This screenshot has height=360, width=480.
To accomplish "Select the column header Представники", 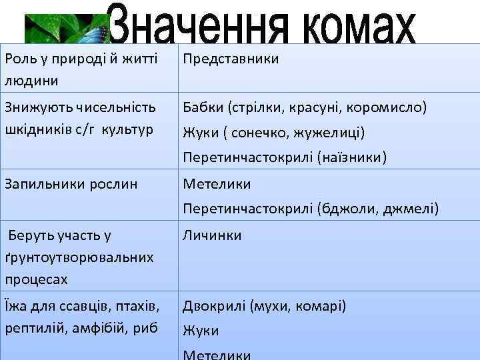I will tap(231, 59).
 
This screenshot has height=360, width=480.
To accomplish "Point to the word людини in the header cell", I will tap(31, 81).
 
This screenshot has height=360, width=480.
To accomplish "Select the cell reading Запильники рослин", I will tap(71, 184).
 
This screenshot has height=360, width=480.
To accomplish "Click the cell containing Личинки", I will tap(212, 235).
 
